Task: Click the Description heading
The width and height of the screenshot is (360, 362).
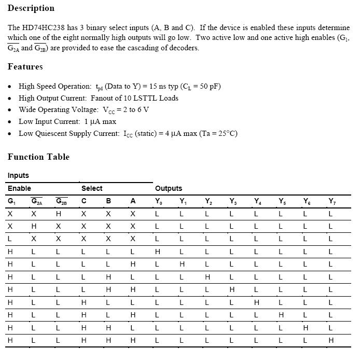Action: coord(31,8)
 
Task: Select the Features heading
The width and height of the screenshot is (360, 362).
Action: coord(25,67)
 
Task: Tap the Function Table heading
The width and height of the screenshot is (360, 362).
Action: coord(38,157)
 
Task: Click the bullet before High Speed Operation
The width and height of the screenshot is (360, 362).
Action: coord(10,87)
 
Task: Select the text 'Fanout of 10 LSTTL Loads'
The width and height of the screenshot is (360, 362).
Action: coord(134,98)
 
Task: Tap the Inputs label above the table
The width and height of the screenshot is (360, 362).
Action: coord(18,175)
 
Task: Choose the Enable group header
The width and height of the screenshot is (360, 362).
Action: coord(19,188)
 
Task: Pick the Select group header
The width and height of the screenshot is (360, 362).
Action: coord(92,188)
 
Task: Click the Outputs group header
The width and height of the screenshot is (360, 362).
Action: coord(169,188)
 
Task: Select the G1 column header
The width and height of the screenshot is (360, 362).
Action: coord(11,201)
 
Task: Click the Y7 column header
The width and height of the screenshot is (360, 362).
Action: coord(331,201)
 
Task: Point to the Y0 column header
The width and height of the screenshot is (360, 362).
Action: coord(158,201)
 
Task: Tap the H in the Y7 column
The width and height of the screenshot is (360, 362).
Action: coord(330,340)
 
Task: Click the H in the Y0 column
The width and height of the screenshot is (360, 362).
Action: coord(158,252)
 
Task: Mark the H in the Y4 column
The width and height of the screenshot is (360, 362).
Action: coord(256,302)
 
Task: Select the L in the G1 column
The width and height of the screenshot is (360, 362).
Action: coord(10,239)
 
